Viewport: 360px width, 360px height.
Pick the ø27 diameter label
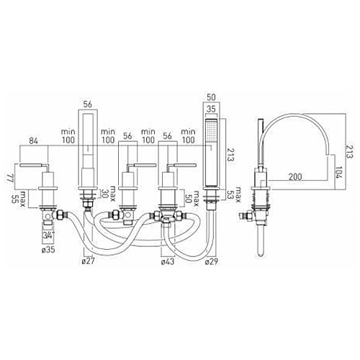(x=89, y=261)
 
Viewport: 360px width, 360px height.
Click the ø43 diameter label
(x=167, y=261)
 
